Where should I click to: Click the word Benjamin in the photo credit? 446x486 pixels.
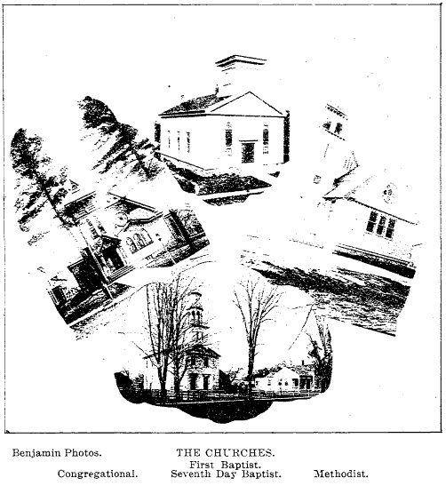coord(36,453)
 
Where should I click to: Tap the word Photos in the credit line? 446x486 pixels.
coord(83,453)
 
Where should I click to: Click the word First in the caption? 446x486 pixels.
coord(202,465)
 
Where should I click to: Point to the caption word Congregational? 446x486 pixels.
coord(98,474)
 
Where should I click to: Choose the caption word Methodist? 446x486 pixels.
coord(341,474)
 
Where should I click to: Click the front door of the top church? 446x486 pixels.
coord(248,153)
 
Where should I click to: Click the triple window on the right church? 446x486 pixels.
coord(380,226)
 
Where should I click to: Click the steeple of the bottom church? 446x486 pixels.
coord(197,319)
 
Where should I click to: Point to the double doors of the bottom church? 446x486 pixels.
coord(199,381)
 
